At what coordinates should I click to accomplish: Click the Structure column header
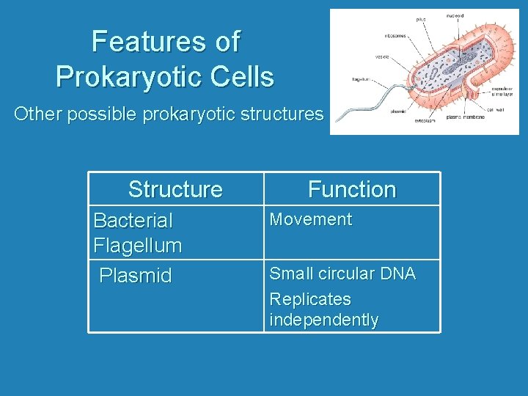175,189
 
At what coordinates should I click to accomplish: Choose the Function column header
352,189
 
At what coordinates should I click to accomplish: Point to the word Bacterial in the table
133,220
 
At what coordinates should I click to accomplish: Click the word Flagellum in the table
138,245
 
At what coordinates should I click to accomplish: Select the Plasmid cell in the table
136,276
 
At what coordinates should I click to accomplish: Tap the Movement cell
311,219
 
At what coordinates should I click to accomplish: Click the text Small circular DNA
342,274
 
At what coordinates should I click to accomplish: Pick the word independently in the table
324,320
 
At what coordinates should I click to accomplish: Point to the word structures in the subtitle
283,114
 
